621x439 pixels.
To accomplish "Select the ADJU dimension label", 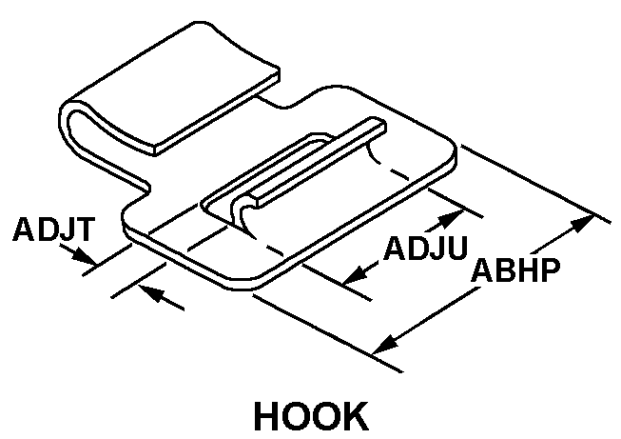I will point(425,249).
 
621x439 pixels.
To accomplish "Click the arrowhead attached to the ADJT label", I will point(87,258).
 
